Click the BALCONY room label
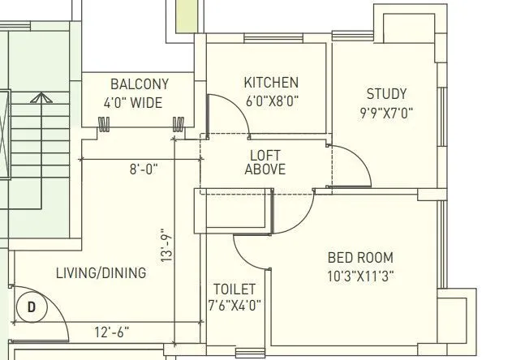pos(140,84)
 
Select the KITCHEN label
pos(271,83)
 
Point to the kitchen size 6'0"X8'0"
pos(272,101)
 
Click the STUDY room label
pos(386,94)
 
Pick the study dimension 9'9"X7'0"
pos(386,113)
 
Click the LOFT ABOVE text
pos(267,162)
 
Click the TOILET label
pos(234,289)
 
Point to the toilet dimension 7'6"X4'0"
pos(234,306)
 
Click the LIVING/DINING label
pos(101,273)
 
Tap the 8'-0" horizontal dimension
pos(144,169)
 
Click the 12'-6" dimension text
pos(110,332)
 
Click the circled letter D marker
pos(32,307)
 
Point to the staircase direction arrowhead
pos(37,99)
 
